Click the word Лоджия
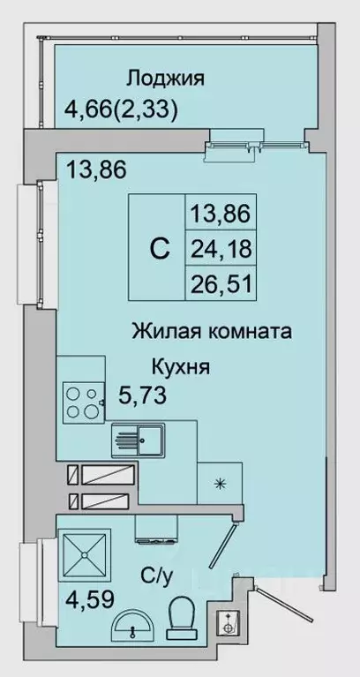tap(166, 78)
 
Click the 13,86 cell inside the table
tap(221, 212)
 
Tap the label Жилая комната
tap(212, 333)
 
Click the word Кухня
tap(180, 366)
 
